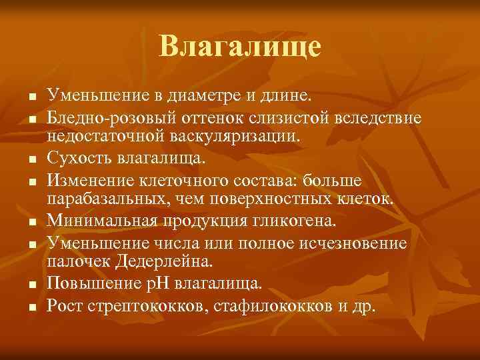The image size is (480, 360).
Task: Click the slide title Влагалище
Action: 240,47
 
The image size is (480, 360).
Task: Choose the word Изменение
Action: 93,181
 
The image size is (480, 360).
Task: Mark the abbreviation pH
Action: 177,284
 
